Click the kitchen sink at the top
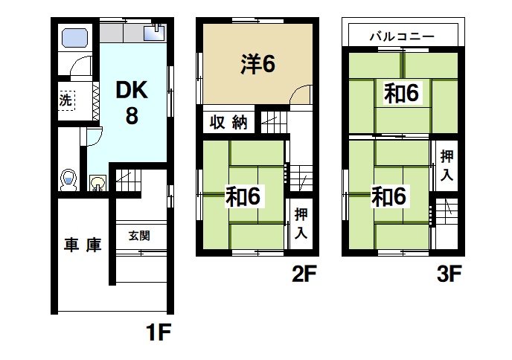pos(157,33)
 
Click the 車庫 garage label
pos(82,245)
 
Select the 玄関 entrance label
pos(139,236)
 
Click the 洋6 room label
pos(257,65)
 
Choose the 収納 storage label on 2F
pos(228,123)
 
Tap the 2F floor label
pos(305,275)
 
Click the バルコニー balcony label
pos(403,36)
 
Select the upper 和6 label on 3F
pos(403,93)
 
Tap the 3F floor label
pos(449,275)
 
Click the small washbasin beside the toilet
pos(97,182)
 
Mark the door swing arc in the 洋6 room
pos(300,95)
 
